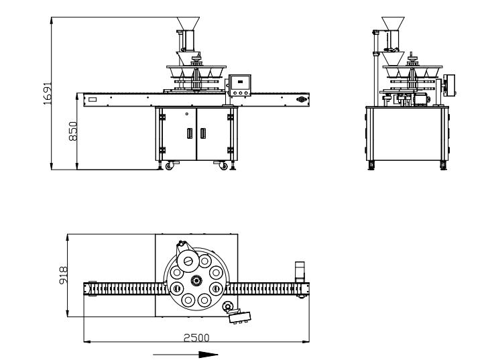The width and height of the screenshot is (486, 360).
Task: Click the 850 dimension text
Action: pyautogui.click(x=73, y=131)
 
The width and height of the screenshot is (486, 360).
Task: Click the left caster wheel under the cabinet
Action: pyautogui.click(x=168, y=165)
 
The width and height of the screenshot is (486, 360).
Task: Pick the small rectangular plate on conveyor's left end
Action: pyautogui.click(x=92, y=99)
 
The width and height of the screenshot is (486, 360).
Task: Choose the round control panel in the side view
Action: pyautogui.click(x=450, y=83)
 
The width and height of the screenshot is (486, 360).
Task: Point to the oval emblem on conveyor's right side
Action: pyautogui.click(x=301, y=99)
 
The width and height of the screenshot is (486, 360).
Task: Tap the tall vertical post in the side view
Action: pyautogui.click(x=375, y=67)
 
